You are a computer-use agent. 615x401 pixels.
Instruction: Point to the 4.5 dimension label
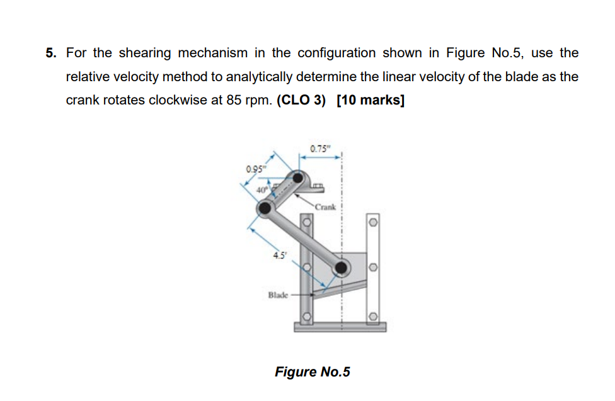click(277, 255)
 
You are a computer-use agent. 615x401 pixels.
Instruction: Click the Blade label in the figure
click(278, 294)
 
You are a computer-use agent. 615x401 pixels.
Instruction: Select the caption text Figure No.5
click(312, 371)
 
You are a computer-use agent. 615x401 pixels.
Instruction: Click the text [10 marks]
click(371, 101)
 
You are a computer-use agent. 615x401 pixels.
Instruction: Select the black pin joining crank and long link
click(265, 207)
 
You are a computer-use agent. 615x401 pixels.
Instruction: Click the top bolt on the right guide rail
click(373, 221)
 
